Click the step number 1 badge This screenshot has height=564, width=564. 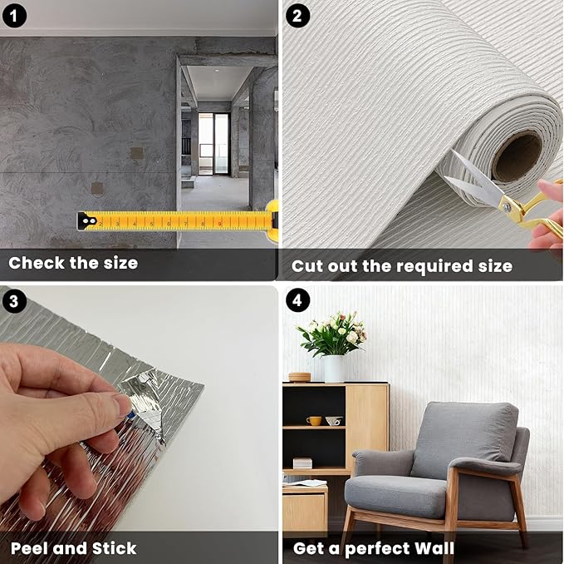tap(17, 16)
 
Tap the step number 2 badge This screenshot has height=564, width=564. tap(299, 16)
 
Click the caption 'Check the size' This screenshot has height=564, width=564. tap(73, 264)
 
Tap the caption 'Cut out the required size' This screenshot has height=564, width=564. tap(401, 266)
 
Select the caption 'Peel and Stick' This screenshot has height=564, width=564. tap(74, 548)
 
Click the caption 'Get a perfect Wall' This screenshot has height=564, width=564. tap(374, 548)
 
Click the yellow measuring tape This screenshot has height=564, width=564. tap(183, 221)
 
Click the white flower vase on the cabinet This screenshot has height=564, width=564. tap(334, 369)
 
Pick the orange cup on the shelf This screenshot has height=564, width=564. tap(314, 421)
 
